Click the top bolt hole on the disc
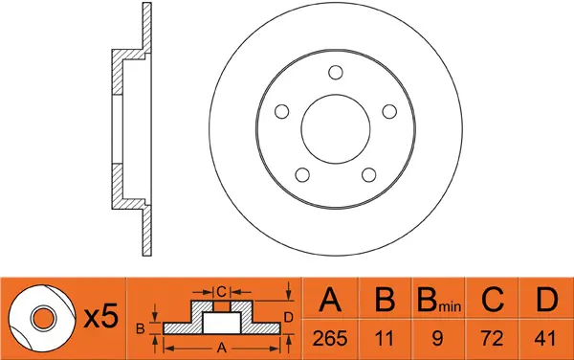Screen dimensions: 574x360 [336, 73]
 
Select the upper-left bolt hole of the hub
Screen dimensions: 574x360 [281, 111]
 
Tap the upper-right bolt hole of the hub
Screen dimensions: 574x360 [389, 111]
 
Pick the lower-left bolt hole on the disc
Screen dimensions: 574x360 [302, 174]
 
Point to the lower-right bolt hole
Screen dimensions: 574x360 [368, 174]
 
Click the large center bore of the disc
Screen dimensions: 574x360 [336, 129]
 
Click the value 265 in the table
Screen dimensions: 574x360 [329, 338]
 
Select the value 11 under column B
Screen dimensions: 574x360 [384, 338]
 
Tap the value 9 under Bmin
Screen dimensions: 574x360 [437, 338]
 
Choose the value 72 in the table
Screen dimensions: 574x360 [492, 338]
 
